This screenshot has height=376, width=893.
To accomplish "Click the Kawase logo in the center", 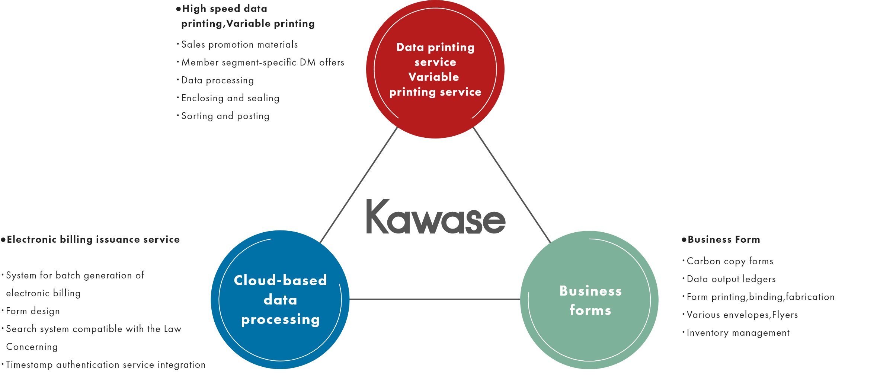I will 436,217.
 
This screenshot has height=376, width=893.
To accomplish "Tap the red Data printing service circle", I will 435,69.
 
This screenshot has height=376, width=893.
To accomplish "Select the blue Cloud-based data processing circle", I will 280,300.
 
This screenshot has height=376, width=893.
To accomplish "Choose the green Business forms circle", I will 589,300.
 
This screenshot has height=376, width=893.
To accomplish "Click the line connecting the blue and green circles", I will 435,299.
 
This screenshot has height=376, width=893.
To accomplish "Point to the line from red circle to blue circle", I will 359,185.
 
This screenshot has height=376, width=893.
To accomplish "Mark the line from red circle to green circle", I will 512,185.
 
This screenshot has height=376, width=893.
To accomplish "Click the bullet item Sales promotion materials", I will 239,45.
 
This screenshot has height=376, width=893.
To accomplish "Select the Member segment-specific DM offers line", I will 262,63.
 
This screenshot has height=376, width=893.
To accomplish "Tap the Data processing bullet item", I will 217,80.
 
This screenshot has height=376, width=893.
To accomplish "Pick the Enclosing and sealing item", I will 230,98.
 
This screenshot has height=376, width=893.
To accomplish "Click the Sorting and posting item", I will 225,116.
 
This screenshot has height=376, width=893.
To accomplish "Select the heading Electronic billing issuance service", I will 93,239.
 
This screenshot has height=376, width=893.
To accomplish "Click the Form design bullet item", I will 33,311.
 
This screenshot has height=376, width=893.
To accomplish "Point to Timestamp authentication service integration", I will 106,365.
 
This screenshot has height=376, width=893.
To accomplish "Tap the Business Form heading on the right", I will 724,239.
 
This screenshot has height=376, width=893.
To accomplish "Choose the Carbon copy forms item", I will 730,261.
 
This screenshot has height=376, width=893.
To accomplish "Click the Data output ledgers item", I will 731,279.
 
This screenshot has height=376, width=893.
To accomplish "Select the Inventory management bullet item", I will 738,333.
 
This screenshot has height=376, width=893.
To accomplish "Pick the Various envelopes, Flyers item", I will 742,315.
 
